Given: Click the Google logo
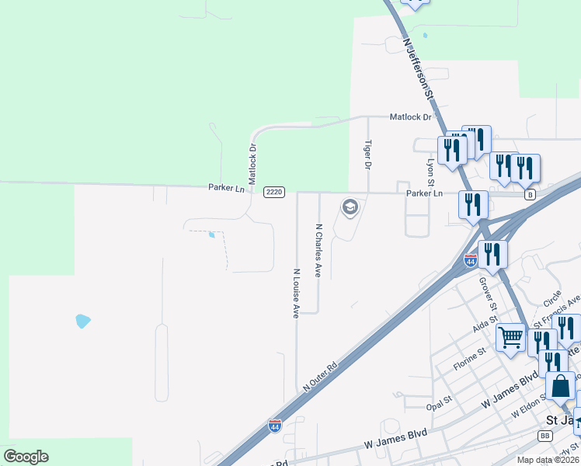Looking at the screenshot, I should pos(26,457).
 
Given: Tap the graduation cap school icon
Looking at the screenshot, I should pos(350,207).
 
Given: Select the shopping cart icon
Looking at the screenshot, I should pos(510,338).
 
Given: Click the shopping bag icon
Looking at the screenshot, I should pos(561,385).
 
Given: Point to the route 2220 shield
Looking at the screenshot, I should pos(274,193).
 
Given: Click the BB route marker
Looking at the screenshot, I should pos(544,436).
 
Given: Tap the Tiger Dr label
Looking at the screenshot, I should pos(368,155).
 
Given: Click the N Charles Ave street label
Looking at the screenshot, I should pos(318,251).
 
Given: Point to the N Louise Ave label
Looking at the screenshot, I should pos(296,294).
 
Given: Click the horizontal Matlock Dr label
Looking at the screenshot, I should pos(410,117).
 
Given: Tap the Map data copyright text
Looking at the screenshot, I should pos(548,460).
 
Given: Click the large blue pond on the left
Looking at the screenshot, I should pos(83,320).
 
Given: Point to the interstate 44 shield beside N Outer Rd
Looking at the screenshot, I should pos(275,426).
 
